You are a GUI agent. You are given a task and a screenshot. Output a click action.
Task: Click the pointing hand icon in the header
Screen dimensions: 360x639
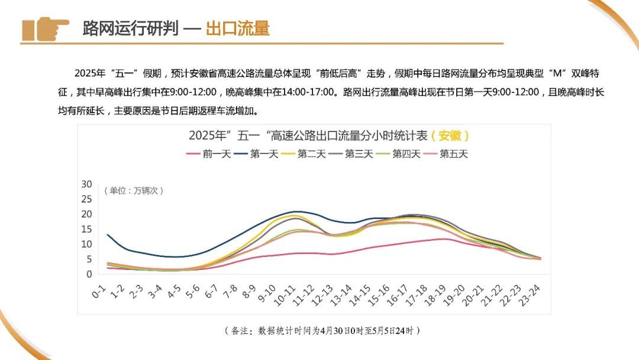pos(45,28)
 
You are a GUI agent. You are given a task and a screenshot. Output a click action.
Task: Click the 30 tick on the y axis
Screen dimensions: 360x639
pos(87,184)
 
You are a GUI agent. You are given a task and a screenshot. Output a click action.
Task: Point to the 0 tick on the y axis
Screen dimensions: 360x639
pos(89,274)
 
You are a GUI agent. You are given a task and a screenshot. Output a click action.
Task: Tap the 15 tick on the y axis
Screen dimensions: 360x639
pos(87,229)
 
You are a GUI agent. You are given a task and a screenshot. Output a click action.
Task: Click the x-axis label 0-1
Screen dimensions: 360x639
pos(99,291)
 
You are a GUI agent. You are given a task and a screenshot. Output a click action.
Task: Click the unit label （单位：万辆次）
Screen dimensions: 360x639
pos(134,191)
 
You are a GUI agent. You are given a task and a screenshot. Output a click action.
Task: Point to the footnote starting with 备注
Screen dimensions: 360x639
pos(322,330)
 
